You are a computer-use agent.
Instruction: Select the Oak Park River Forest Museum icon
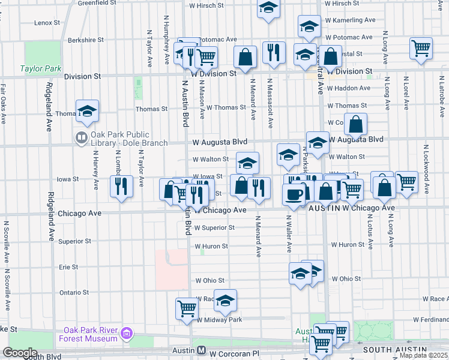tap(126, 333)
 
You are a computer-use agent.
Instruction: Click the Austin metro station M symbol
tap(202, 350)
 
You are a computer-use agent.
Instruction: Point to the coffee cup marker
tap(294, 194)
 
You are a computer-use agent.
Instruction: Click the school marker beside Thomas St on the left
tap(87, 110)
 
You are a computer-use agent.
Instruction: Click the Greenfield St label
tap(96, 3)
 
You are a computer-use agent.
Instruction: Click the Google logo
tap(20, 352)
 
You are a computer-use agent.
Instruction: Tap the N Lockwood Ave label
tap(426, 169)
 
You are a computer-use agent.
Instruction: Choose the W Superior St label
tap(214, 228)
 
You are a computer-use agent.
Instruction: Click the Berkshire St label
tap(82, 40)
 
